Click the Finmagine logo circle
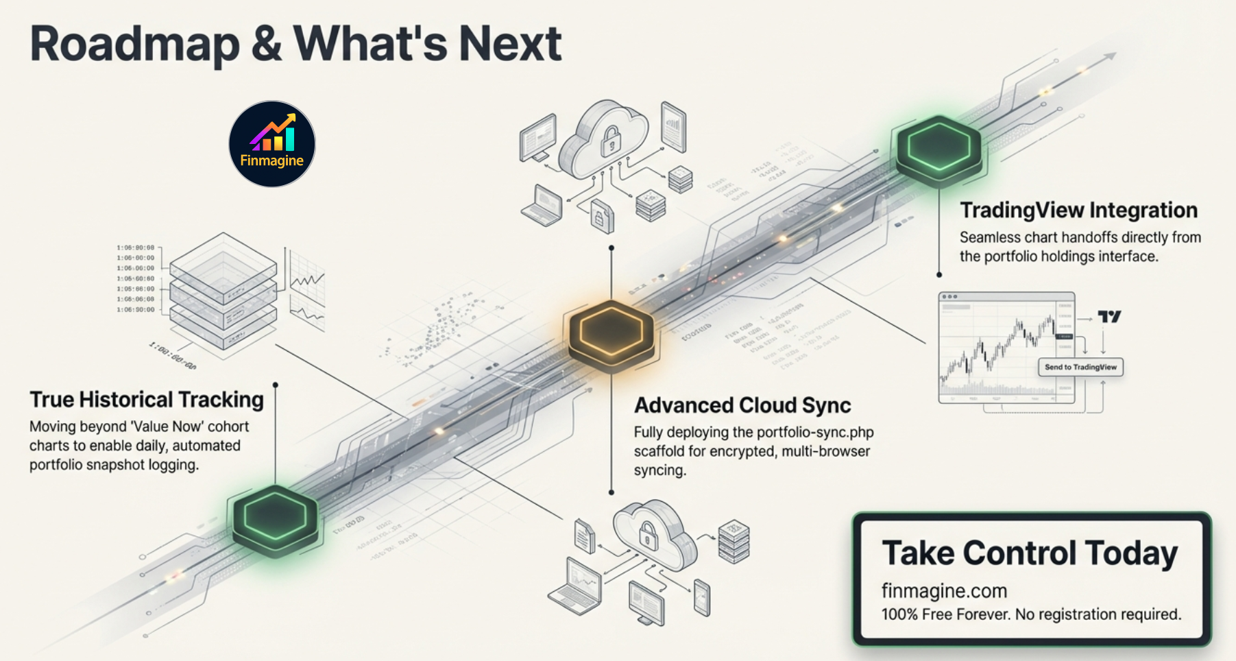(x=272, y=144)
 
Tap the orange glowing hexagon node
(x=611, y=333)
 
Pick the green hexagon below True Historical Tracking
(x=275, y=517)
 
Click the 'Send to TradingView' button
(x=1080, y=367)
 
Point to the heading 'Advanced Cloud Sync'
(x=742, y=405)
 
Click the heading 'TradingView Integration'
(x=1078, y=210)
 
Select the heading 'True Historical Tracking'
(x=147, y=400)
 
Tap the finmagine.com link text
(x=944, y=590)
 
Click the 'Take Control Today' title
(x=1030, y=553)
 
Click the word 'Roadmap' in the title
(x=134, y=44)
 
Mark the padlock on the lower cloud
(x=647, y=534)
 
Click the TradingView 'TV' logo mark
(x=1108, y=316)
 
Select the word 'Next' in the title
(x=510, y=44)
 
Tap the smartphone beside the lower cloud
(x=701, y=597)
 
